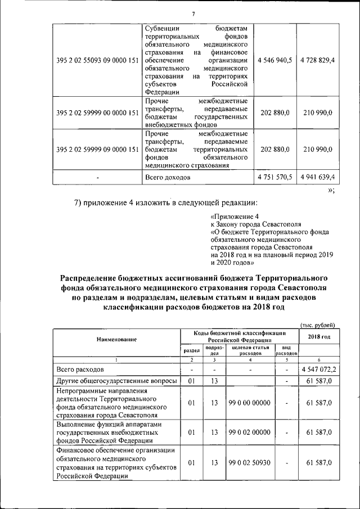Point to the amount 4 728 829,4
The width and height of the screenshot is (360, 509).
(x=317, y=60)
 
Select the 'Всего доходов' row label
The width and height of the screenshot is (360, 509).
(x=167, y=177)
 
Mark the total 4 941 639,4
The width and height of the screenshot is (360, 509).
(x=317, y=177)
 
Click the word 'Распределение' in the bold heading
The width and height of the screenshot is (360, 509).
(x=96, y=278)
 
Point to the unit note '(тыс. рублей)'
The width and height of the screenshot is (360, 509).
(x=317, y=325)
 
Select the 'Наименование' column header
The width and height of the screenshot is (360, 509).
(x=116, y=339)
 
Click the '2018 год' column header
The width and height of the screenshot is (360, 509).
(x=319, y=336)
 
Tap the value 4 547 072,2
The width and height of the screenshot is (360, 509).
(x=319, y=370)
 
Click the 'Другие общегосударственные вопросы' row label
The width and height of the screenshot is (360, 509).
(x=116, y=381)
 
